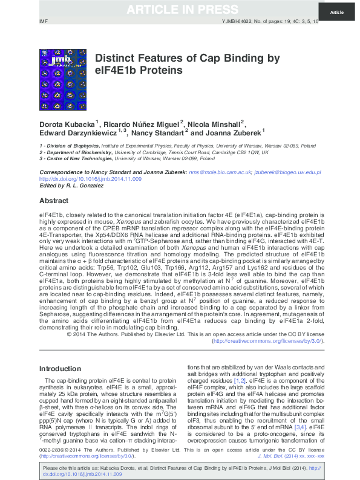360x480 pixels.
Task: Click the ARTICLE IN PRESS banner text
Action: click(x=182, y=10)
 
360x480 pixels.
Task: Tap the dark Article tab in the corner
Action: click(x=336, y=12)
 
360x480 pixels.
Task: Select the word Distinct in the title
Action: click(x=115, y=58)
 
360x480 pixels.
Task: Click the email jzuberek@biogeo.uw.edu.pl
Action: click(x=287, y=172)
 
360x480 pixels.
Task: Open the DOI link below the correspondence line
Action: click(x=90, y=179)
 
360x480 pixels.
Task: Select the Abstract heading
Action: click(x=54, y=200)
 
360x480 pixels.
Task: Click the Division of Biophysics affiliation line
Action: click(x=169, y=146)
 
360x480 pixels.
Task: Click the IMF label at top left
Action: click(x=43, y=22)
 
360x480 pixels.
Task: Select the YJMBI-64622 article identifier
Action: click(x=235, y=22)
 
